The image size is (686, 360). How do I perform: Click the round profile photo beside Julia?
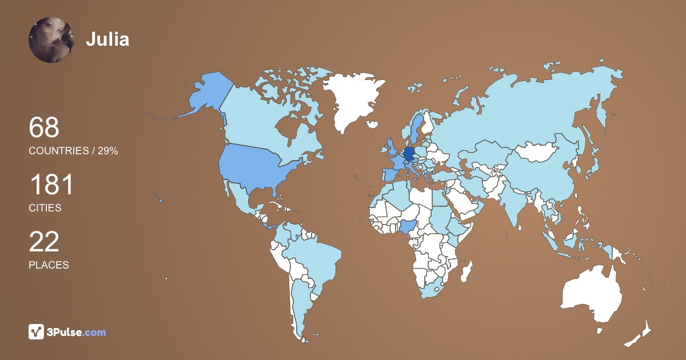[x=51, y=39]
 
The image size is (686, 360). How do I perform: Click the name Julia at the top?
[x=107, y=39]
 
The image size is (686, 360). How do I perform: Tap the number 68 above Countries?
[x=44, y=127]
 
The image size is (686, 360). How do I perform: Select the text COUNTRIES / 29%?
[x=73, y=151]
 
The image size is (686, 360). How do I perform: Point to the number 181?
[x=51, y=186]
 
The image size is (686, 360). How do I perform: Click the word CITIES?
[x=45, y=208]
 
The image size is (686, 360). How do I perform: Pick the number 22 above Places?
[x=44, y=242]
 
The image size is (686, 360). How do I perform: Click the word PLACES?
[x=49, y=265]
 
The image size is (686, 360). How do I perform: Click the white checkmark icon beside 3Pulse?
[x=37, y=332]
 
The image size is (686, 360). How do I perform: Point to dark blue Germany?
[x=409, y=155]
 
